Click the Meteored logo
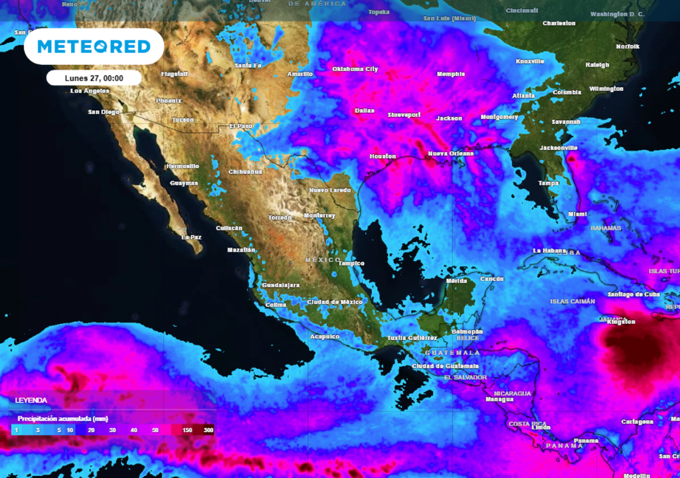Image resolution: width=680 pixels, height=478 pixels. pos(94,46)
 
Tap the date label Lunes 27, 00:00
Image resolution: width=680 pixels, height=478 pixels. pos(94,78)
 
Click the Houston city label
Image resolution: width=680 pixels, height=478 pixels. pos(382,157)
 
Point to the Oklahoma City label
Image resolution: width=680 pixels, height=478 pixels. pos(355,69)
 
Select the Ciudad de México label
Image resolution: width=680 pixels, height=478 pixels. pos(335,302)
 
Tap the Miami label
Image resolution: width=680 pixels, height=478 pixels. pos(577,214)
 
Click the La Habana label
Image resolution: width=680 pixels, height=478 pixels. pos(549,250)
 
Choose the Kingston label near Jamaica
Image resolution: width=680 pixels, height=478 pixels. pos(621,322)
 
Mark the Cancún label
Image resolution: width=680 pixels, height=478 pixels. pos(491,279)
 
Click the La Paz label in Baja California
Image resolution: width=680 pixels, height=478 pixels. pos(191,236)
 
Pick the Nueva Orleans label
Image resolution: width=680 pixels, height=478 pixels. pos(450,153)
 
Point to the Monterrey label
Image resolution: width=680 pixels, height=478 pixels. pos(319,216)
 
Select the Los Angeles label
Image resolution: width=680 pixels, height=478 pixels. pos(90,91)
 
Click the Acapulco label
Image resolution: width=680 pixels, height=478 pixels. pos(324,337)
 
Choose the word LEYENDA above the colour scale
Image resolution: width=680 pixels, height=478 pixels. pos(31,400)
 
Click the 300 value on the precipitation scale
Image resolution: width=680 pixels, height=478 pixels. pos(209,430)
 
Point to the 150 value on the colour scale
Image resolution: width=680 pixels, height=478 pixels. pos(187,430)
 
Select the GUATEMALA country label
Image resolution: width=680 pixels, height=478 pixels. pos(452,353)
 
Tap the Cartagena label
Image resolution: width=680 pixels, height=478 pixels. pos(637,422)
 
